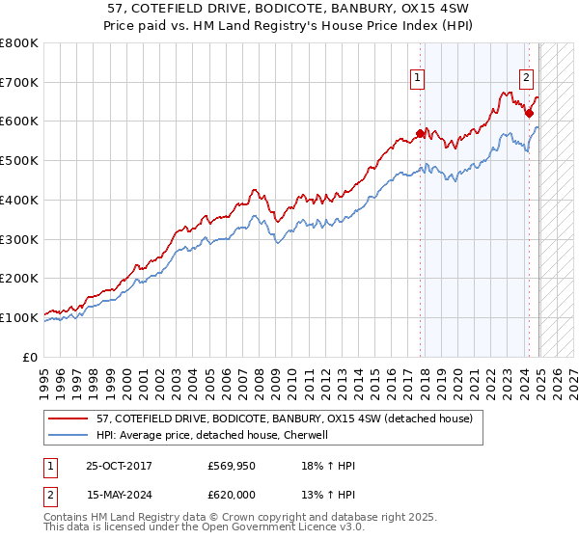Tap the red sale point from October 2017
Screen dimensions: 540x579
pyautogui.click(x=420, y=133)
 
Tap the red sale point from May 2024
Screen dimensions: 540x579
pyautogui.click(x=529, y=114)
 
